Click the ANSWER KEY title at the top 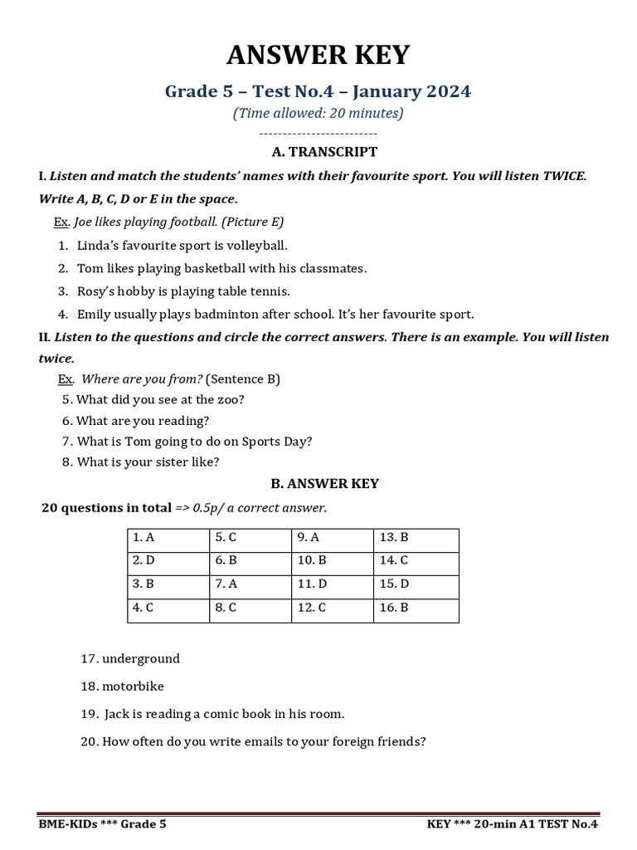[x=318, y=55]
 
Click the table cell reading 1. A [x=168, y=538]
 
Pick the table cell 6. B [x=250, y=561]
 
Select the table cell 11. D [x=332, y=584]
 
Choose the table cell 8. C [x=250, y=608]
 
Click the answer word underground [x=141, y=659]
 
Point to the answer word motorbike [x=134, y=686]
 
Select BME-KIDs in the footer [x=70, y=824]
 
